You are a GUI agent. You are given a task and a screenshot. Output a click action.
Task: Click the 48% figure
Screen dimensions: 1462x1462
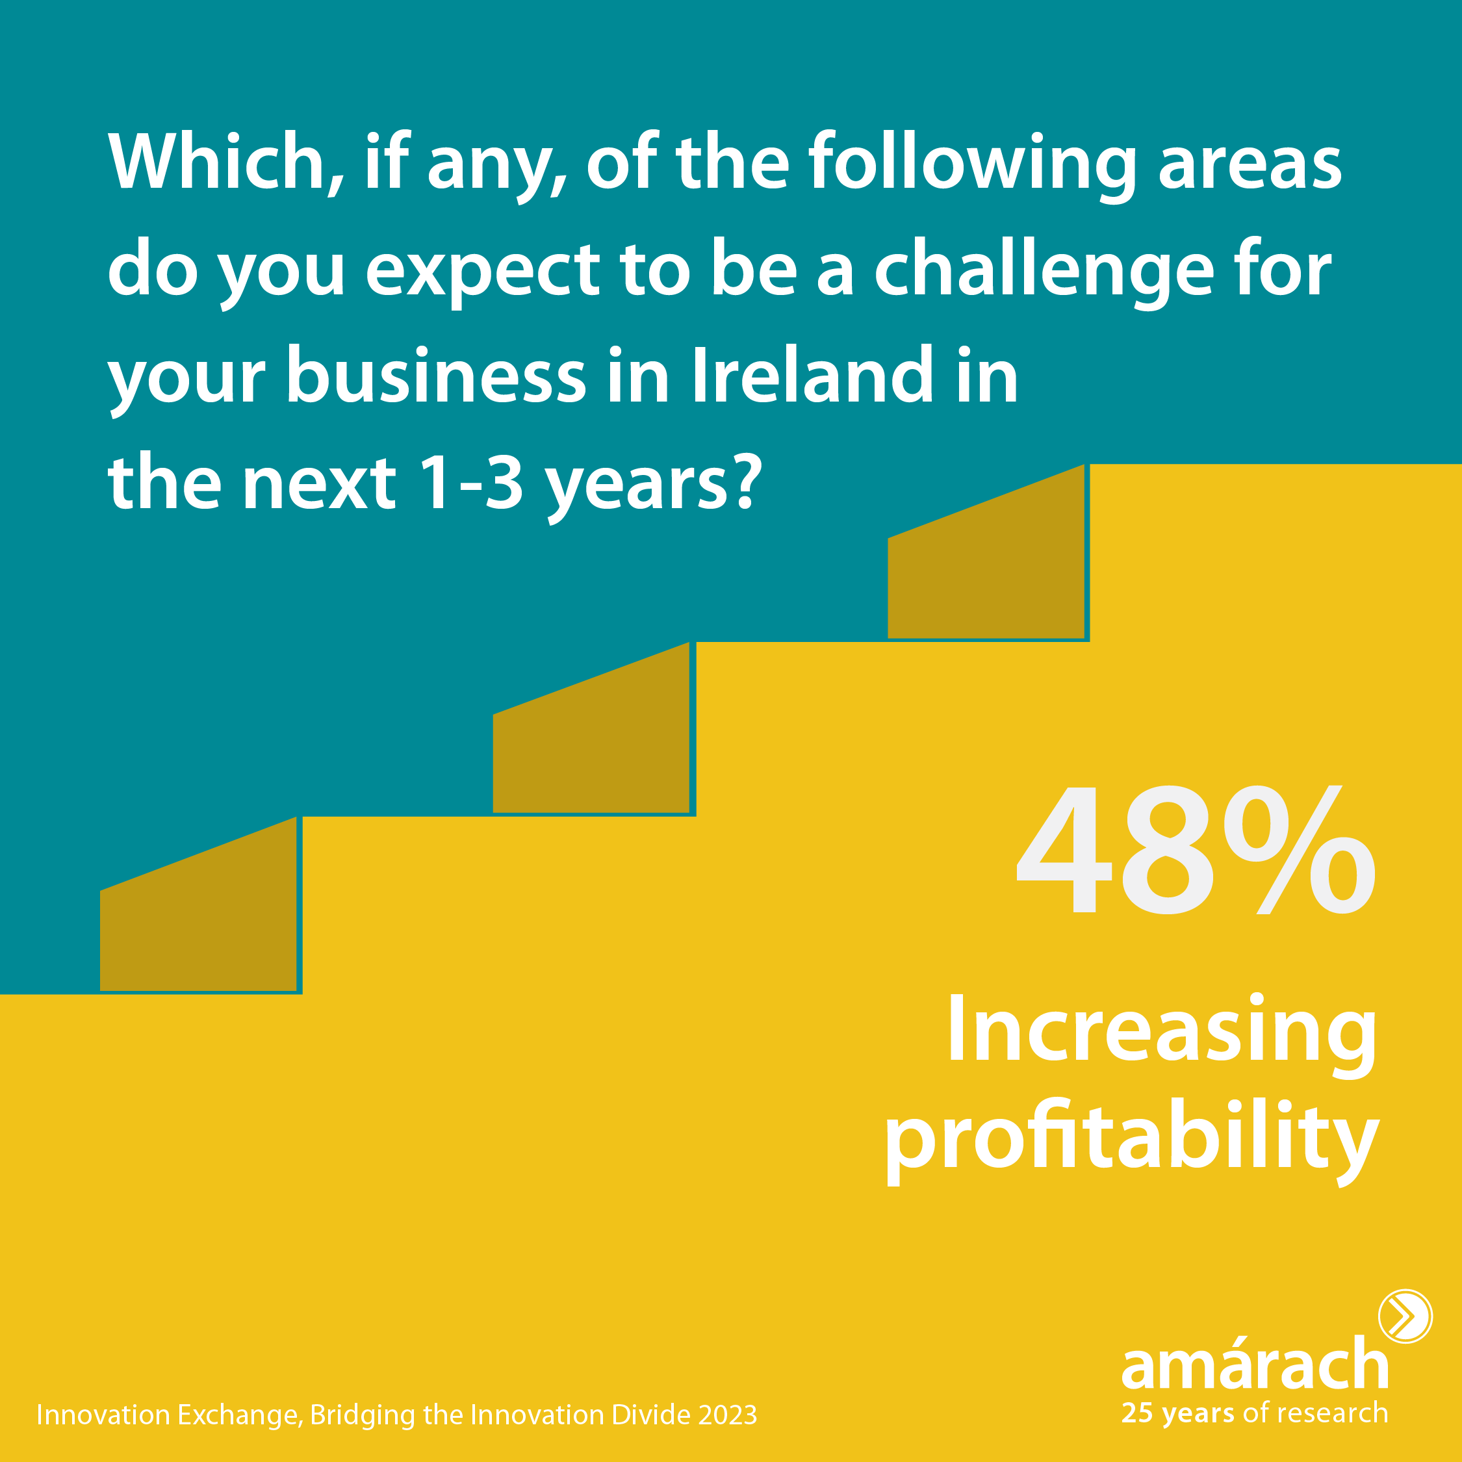click(x=1196, y=849)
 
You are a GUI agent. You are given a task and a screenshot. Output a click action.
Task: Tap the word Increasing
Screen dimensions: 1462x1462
click(x=1162, y=1034)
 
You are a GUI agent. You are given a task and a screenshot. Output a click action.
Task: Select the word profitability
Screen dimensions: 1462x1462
click(x=1132, y=1142)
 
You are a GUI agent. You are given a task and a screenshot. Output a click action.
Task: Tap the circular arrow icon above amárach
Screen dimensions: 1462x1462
click(x=1405, y=1316)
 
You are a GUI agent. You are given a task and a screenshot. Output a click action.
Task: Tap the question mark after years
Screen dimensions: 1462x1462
click(x=737, y=481)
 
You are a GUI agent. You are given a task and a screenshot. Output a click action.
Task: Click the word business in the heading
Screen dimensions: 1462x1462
click(x=436, y=376)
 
